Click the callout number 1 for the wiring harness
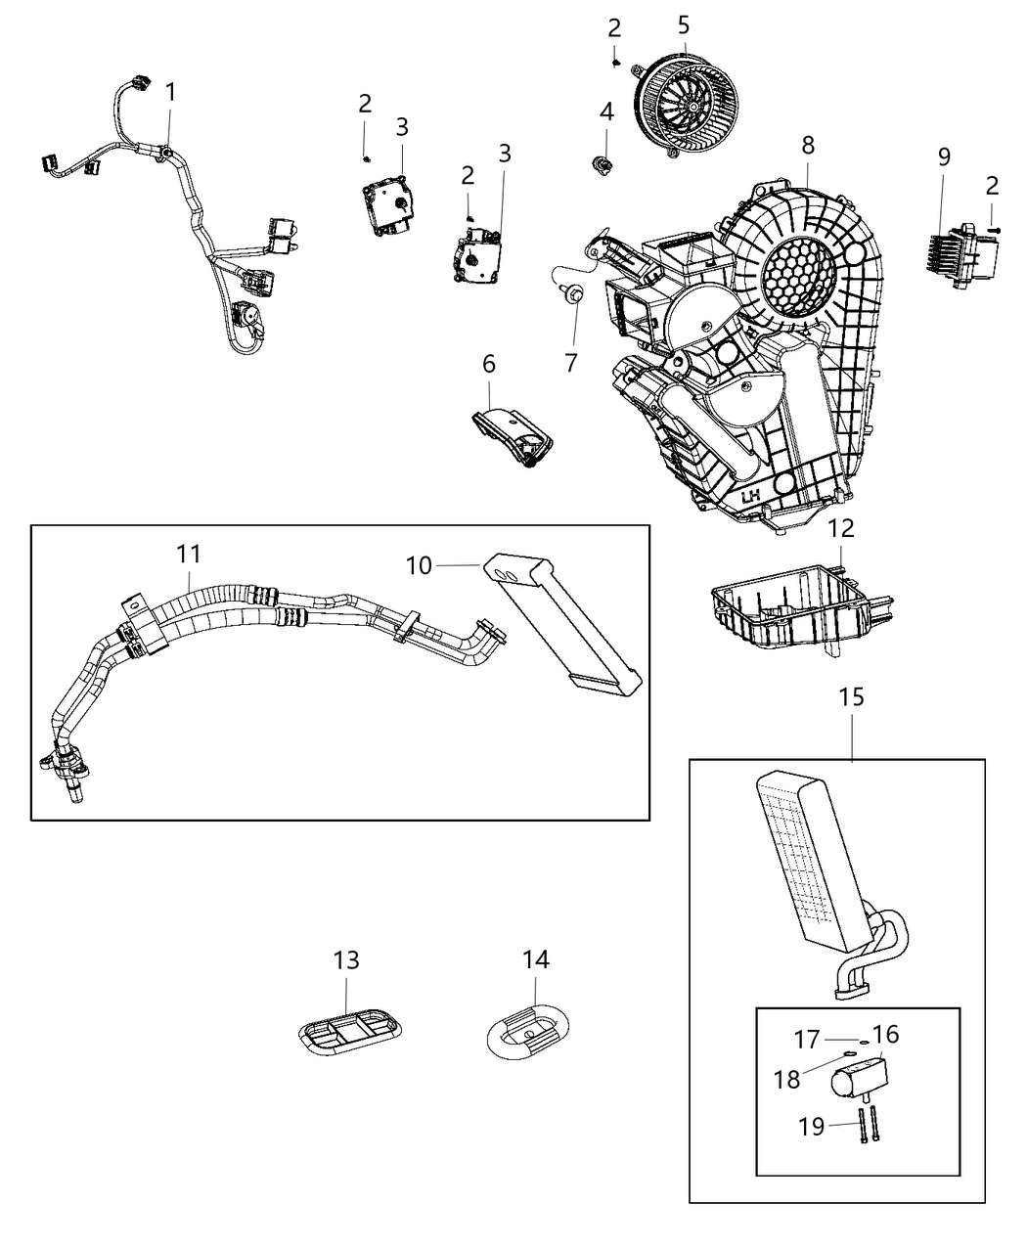pyautogui.click(x=171, y=93)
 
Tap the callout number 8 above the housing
pyautogui.click(x=808, y=146)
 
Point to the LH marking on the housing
pyautogui.click(x=751, y=497)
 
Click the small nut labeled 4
pyautogui.click(x=604, y=163)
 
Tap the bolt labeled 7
pyautogui.click(x=573, y=292)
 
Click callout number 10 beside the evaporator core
pyautogui.click(x=419, y=565)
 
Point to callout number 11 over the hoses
pyautogui.click(x=189, y=555)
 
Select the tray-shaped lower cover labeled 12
pyautogui.click(x=792, y=610)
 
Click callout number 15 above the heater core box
pyautogui.click(x=851, y=697)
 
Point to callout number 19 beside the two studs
pyautogui.click(x=806, y=1039)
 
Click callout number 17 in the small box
pyautogui.click(x=787, y=1079)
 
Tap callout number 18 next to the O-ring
pyautogui.click(x=812, y=1126)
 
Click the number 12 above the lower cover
pyautogui.click(x=841, y=529)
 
